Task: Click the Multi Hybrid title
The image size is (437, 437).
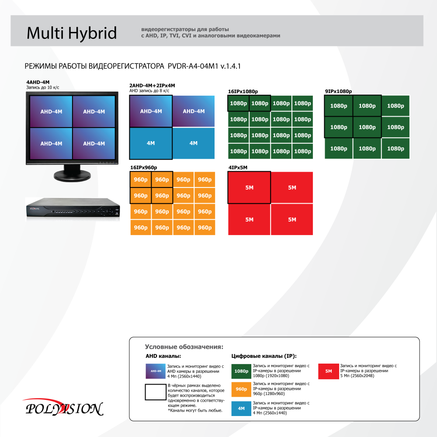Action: tap(72, 34)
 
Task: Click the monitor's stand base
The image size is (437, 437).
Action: tap(72, 176)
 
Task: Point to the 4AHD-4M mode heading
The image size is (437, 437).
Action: tap(38, 82)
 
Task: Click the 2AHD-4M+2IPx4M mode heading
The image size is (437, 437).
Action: tap(152, 86)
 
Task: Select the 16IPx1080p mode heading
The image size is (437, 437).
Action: tap(243, 91)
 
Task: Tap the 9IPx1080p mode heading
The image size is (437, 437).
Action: tap(338, 91)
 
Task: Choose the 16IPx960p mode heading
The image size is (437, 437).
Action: tap(143, 167)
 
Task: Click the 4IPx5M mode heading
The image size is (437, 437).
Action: tap(238, 167)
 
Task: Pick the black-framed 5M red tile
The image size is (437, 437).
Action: tap(249, 187)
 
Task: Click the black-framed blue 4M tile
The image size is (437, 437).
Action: tap(151, 143)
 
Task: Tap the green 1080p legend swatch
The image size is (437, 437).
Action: tap(241, 371)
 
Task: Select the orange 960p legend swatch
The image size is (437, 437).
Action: tap(241, 389)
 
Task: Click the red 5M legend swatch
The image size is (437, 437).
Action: tap(329, 371)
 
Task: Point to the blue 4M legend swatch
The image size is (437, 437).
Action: tap(241, 409)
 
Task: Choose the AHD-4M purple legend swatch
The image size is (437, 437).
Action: tap(156, 371)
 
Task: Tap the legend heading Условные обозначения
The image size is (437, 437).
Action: tap(184, 347)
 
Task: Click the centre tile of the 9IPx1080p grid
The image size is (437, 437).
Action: tap(367, 127)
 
